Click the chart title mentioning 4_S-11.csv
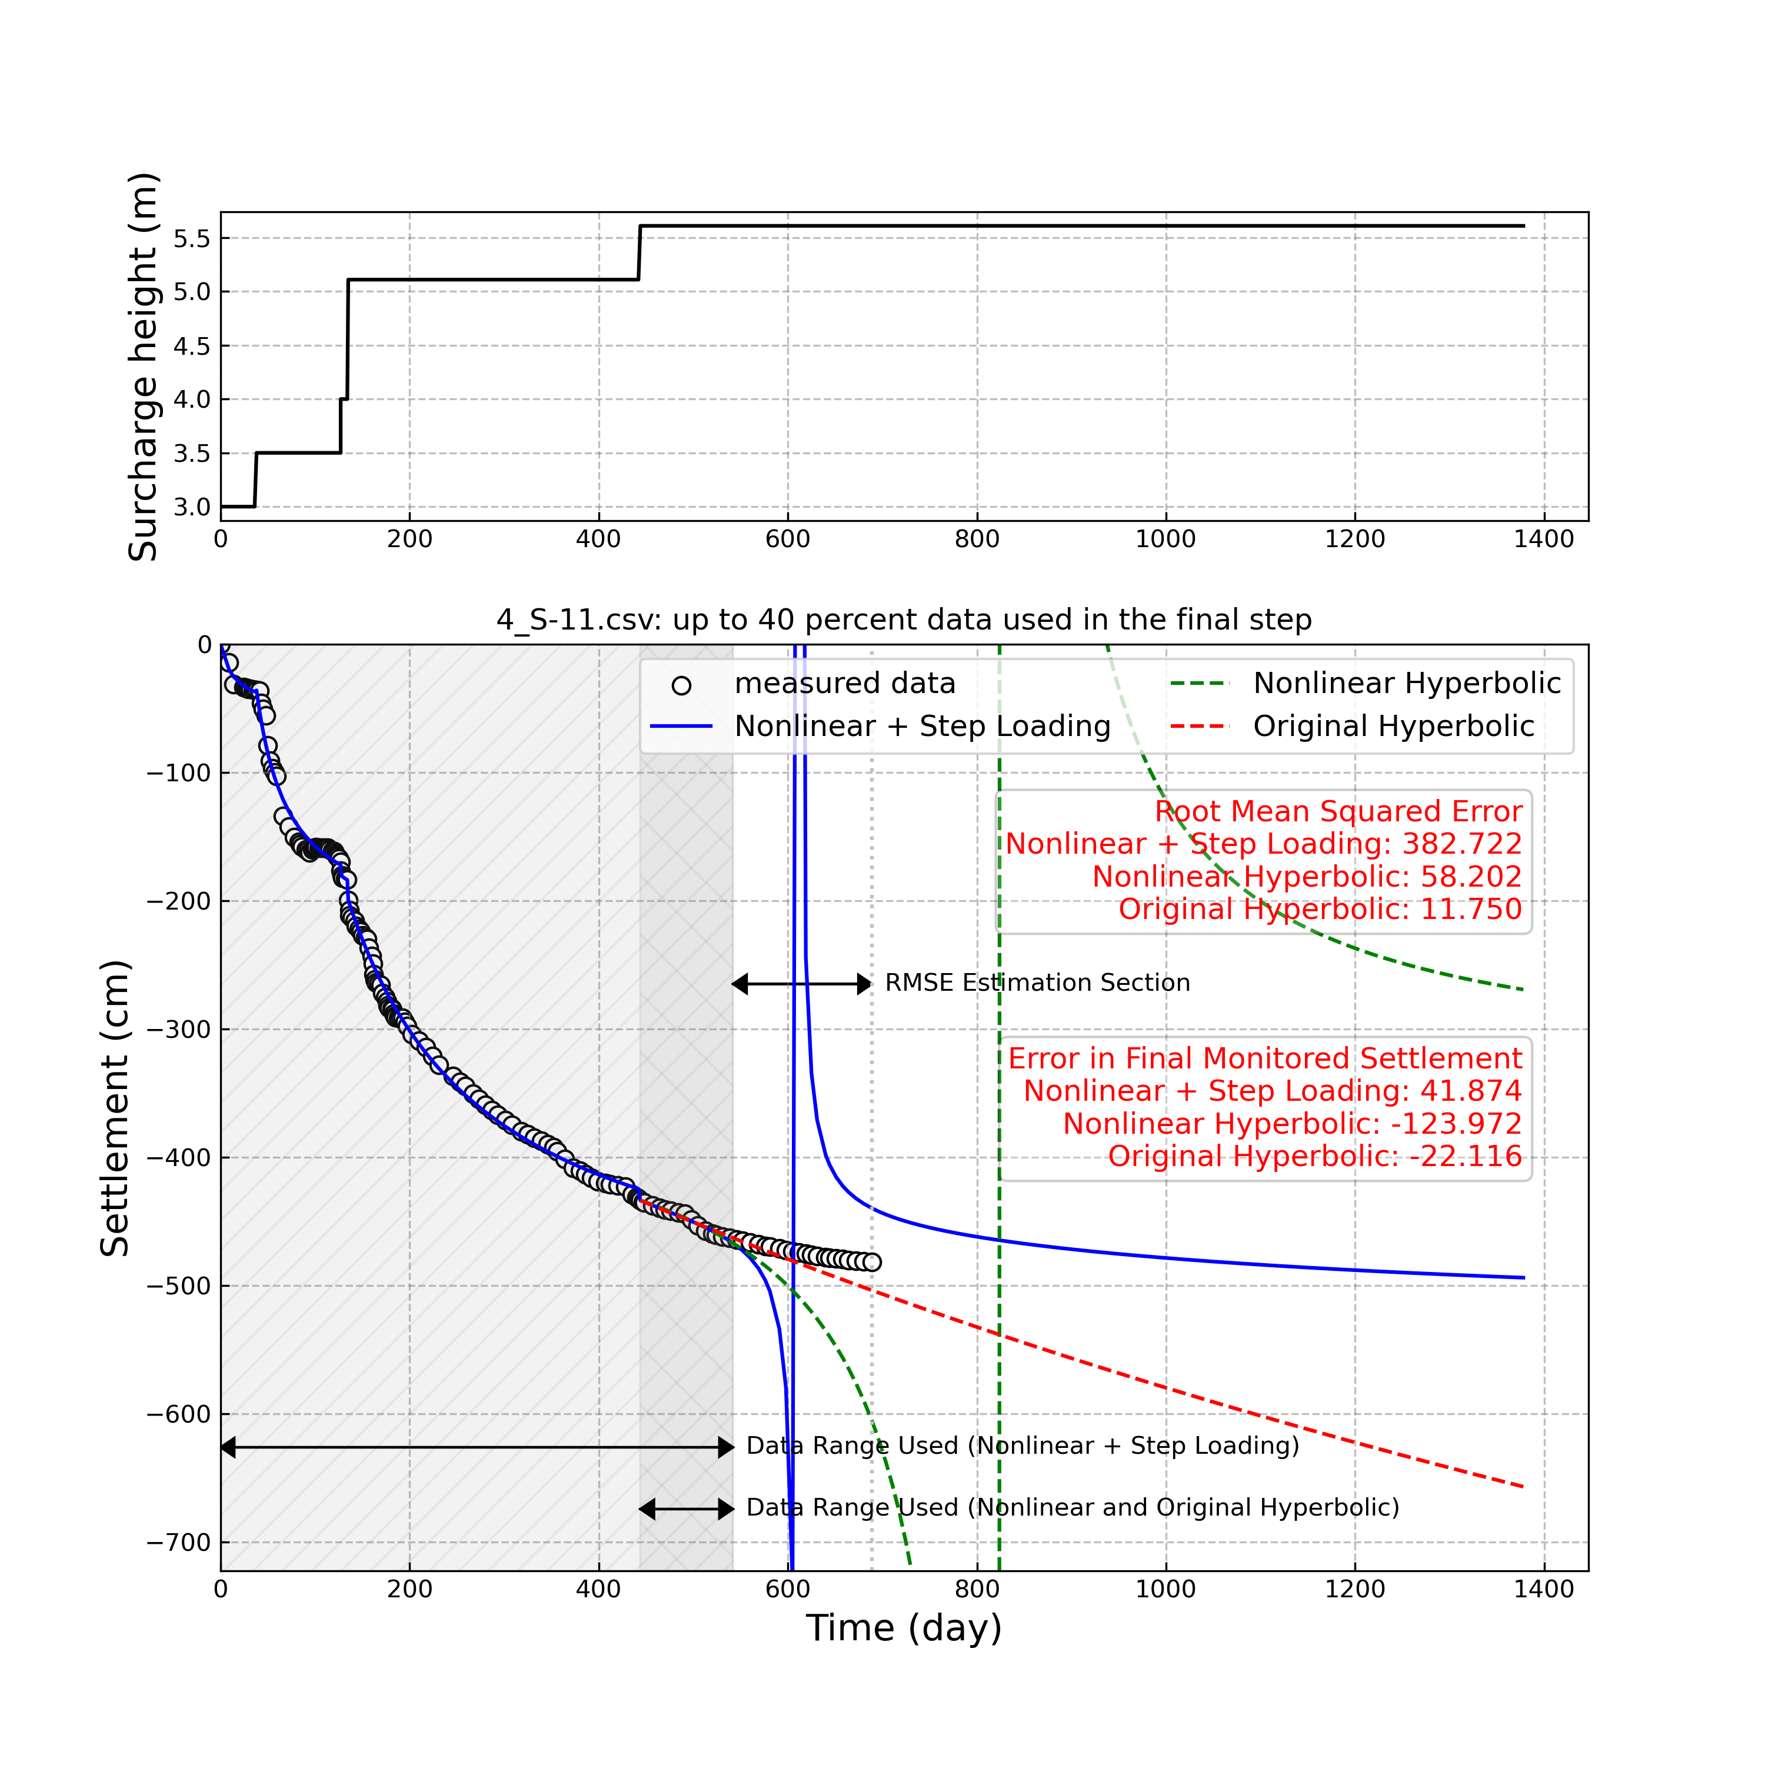point(904,620)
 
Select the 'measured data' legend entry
point(844,683)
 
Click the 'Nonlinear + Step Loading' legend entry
point(923,726)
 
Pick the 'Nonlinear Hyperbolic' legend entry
point(1407,683)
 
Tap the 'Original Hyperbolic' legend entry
point(1393,726)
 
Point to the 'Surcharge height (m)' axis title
point(144,367)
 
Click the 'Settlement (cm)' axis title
point(115,1108)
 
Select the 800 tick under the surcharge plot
point(977,539)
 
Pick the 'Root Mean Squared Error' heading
point(1338,811)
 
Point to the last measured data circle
point(871,1263)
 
